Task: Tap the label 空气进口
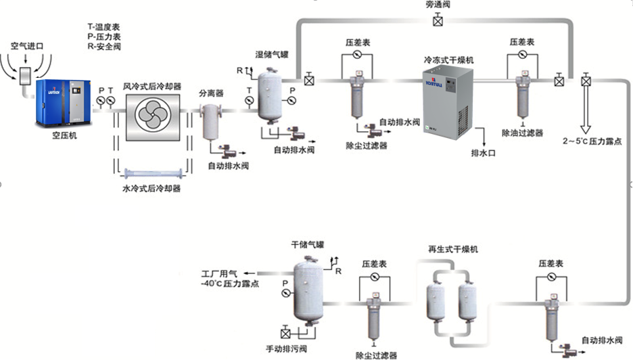[x=27, y=46]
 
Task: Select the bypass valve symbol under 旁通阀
[x=438, y=22]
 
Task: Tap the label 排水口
[x=484, y=154]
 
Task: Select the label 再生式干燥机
[x=454, y=250]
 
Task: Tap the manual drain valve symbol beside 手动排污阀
[x=285, y=334]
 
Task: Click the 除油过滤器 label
[x=523, y=133]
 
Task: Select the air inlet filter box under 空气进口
[x=27, y=73]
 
